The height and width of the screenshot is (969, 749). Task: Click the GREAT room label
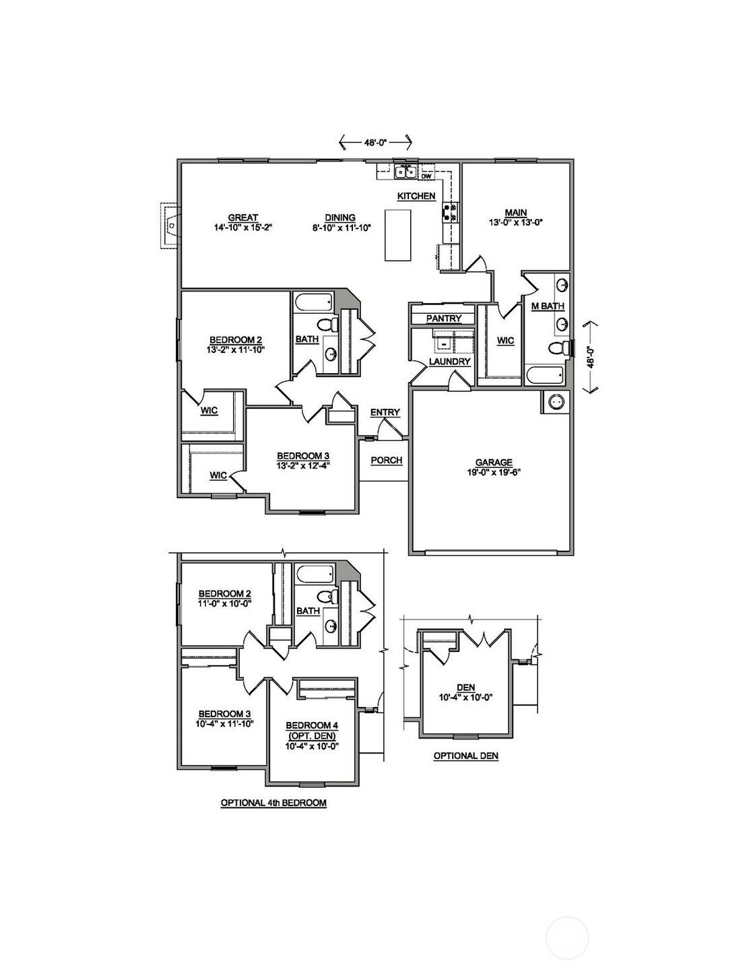(243, 218)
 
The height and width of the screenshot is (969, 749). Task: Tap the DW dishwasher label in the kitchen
(426, 176)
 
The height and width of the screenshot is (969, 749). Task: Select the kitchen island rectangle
(397, 235)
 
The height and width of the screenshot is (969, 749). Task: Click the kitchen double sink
(405, 172)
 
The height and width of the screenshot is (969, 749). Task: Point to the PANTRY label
(444, 319)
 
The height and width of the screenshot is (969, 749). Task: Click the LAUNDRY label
(449, 362)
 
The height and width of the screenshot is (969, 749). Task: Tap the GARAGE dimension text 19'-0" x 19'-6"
(494, 473)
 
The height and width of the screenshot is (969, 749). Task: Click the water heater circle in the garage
(556, 402)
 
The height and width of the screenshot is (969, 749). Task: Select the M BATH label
(548, 306)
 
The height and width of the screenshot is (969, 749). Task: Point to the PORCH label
(387, 460)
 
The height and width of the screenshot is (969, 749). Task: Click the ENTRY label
(385, 413)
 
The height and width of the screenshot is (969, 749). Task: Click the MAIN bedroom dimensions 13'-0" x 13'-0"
(516, 222)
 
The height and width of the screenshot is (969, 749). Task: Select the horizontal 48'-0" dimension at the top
(375, 142)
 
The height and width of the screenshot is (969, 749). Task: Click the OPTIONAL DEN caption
(466, 756)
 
